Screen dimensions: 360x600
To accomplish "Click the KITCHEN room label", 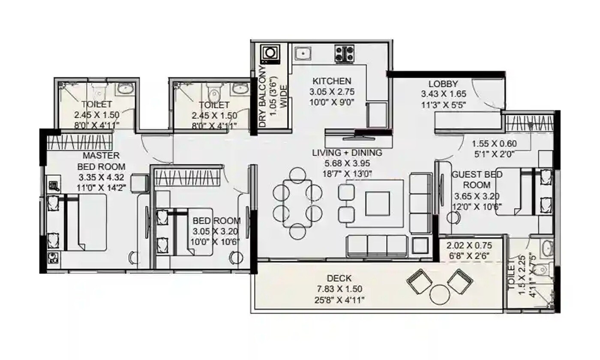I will (x=332, y=81).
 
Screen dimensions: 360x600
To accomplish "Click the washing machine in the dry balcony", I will (x=270, y=53).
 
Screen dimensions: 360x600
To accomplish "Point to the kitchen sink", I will (x=303, y=54).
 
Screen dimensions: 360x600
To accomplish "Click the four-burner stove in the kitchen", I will (x=344, y=54).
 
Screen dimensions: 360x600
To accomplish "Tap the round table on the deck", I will (x=439, y=294).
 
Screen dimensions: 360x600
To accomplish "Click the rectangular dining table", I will (x=297, y=203).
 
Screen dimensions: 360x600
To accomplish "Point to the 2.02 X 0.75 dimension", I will (x=468, y=246).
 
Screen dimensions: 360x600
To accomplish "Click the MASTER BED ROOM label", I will (x=101, y=161).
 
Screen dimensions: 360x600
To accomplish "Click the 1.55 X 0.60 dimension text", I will (x=493, y=144).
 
